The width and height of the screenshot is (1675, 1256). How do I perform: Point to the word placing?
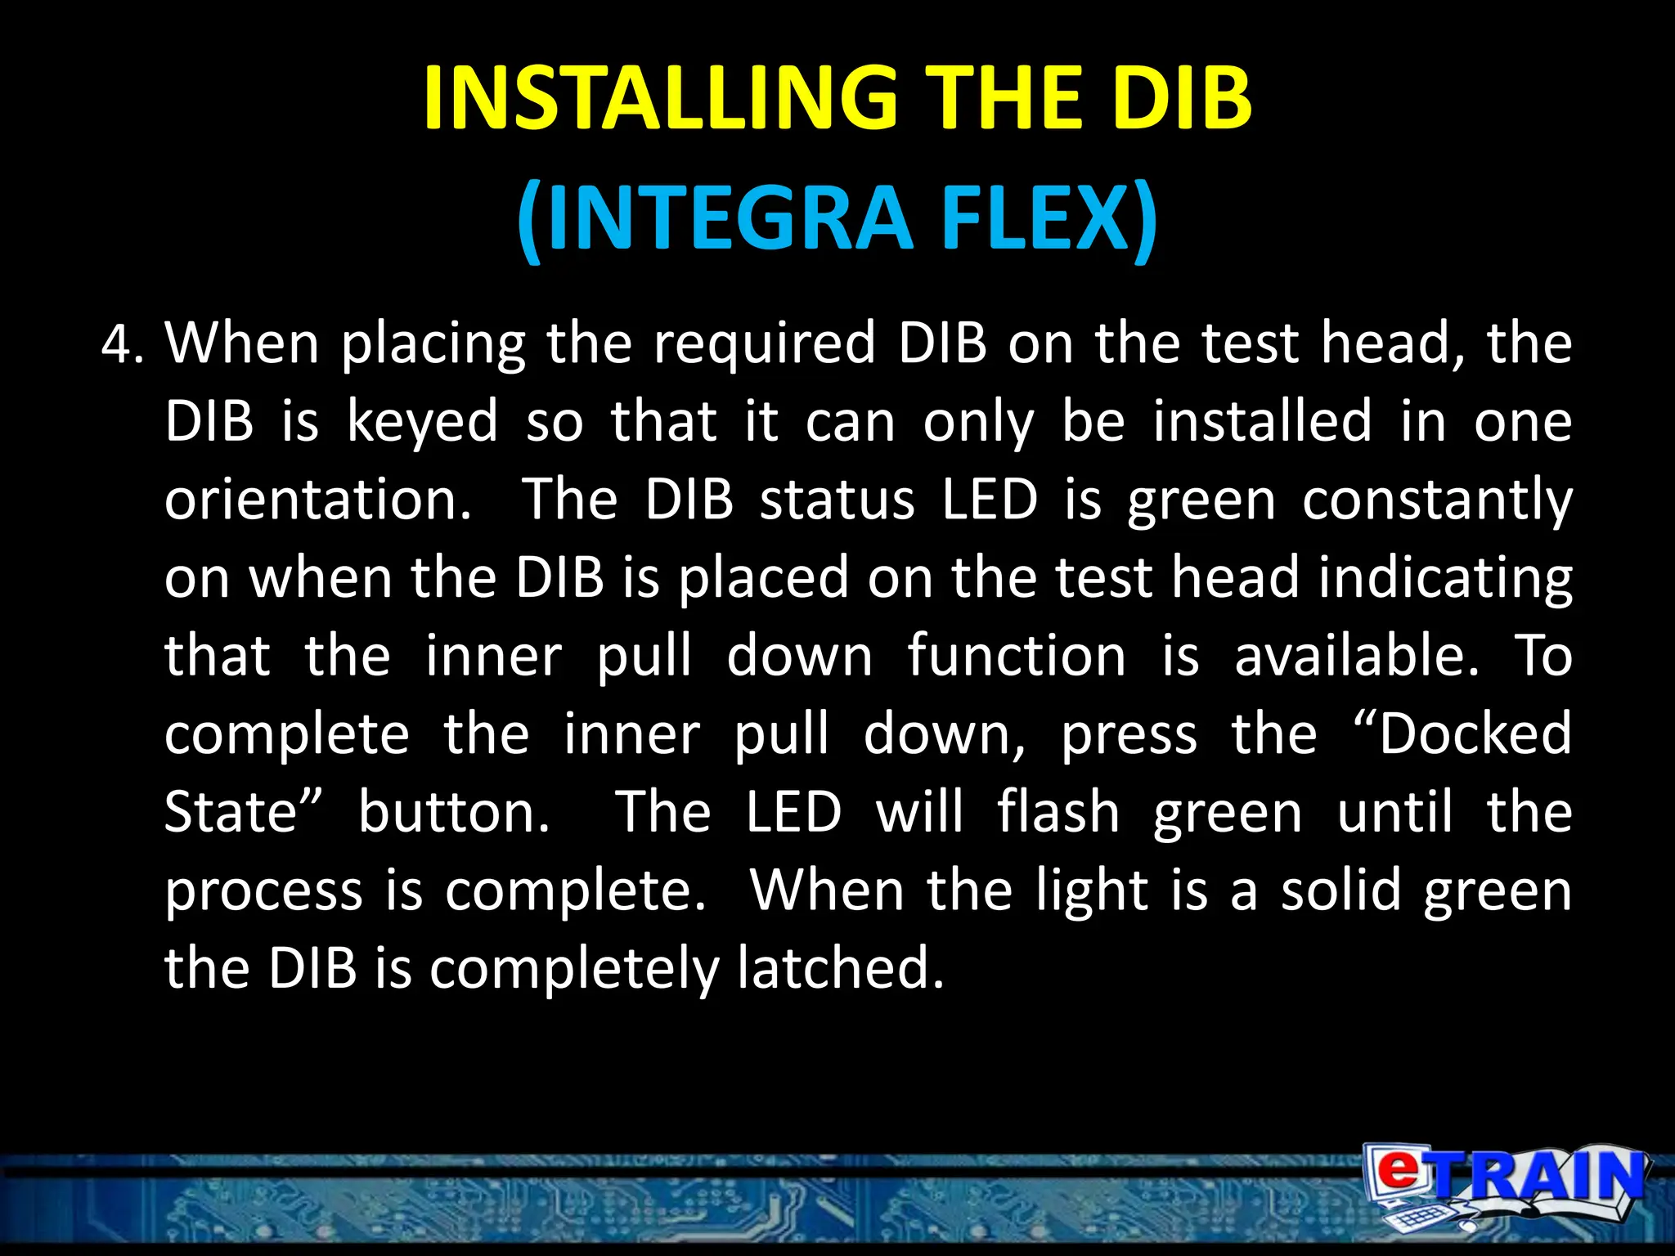(433, 344)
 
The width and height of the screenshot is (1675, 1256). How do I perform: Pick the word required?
(764, 344)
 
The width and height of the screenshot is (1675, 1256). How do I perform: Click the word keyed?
(422, 422)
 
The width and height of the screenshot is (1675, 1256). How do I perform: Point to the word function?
(1017, 656)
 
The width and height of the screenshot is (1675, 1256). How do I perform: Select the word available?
(1357, 656)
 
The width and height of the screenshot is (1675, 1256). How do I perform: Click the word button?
(454, 812)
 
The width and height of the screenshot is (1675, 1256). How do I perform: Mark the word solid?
(1341, 890)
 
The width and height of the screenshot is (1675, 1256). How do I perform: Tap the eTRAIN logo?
(1505, 1186)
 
